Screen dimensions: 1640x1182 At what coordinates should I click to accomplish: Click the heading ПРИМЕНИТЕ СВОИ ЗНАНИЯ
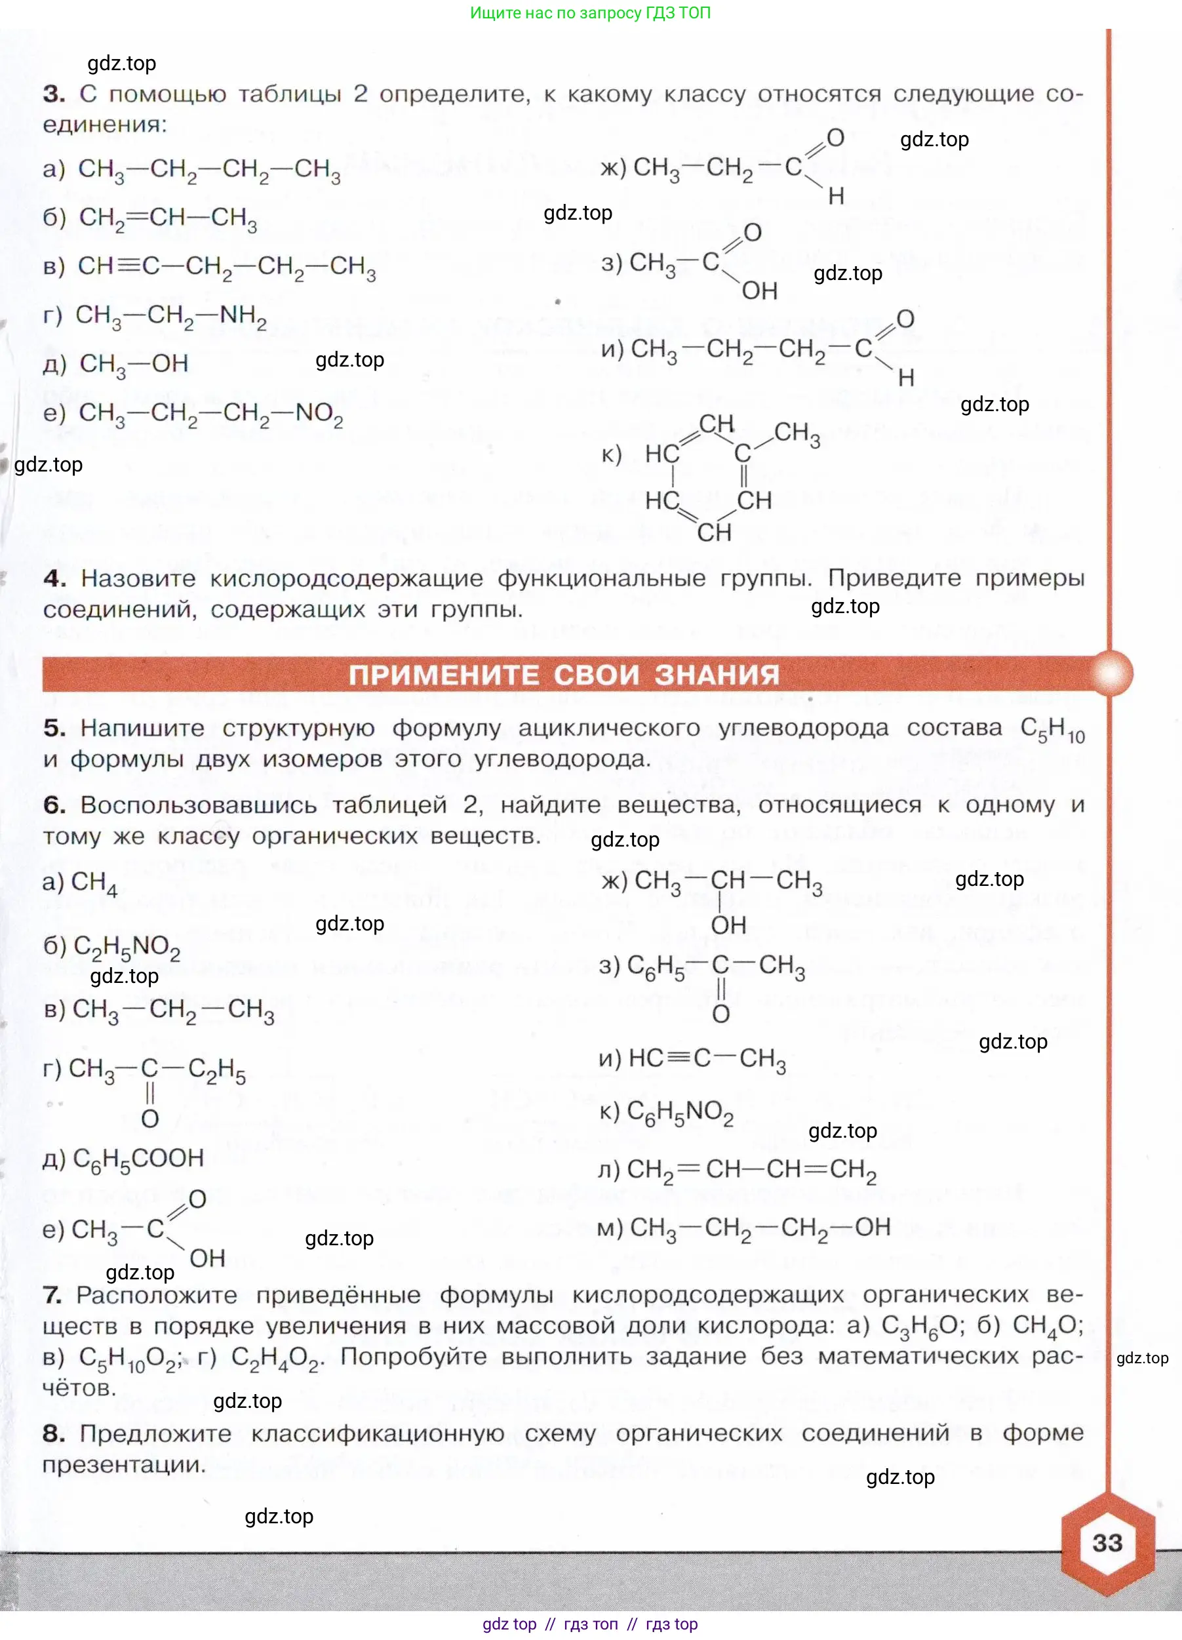[x=564, y=674]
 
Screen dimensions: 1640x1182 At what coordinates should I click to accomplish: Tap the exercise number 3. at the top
[x=54, y=94]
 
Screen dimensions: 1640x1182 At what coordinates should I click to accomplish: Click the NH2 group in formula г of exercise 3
[x=243, y=316]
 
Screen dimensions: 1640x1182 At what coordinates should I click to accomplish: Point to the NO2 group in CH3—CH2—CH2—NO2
[x=319, y=414]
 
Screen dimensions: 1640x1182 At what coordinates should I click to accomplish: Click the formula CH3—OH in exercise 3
[x=134, y=364]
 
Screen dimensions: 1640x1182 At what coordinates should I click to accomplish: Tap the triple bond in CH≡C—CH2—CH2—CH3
[x=128, y=266]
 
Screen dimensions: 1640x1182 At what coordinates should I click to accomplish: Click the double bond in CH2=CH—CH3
[x=136, y=217]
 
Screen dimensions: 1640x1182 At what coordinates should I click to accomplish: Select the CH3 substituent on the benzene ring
[x=797, y=433]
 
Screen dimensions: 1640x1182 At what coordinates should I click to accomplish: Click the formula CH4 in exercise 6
[x=94, y=882]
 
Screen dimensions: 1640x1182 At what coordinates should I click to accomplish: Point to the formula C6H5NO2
[x=680, y=1111]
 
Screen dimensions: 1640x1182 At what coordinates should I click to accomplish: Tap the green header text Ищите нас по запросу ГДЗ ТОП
[x=590, y=13]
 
